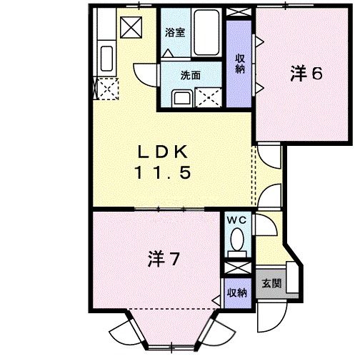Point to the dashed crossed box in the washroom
click(x=209, y=97)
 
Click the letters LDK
click(x=162, y=152)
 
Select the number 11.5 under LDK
click(x=163, y=173)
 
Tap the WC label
click(x=235, y=221)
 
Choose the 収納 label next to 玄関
click(x=236, y=292)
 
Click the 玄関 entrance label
click(x=271, y=285)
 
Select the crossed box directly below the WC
click(x=236, y=268)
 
